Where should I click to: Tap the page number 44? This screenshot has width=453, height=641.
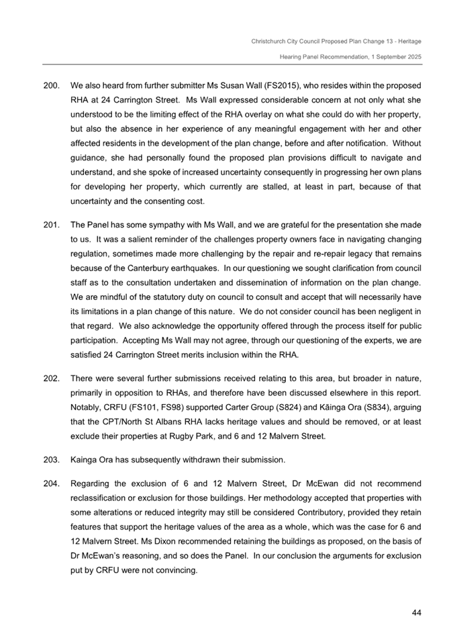[416, 613]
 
